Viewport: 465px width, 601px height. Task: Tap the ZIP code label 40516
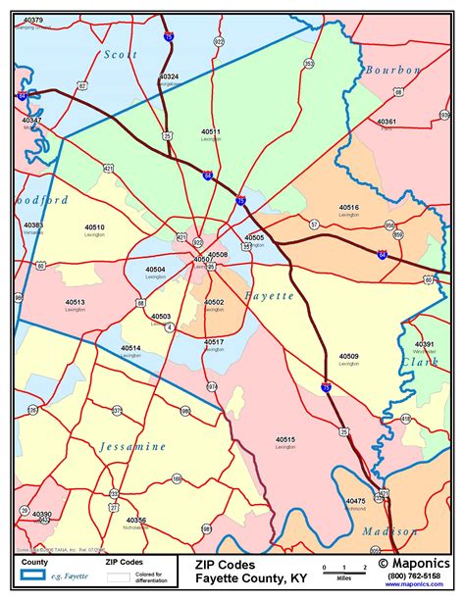tap(349, 207)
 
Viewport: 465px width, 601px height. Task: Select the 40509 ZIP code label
tap(348, 356)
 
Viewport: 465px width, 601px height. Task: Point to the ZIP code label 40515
tap(284, 439)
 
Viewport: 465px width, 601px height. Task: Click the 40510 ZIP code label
tap(94, 227)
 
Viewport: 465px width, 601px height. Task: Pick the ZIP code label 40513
tap(75, 302)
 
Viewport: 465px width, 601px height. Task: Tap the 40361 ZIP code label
tap(387, 122)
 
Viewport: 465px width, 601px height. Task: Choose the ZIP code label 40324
tap(169, 76)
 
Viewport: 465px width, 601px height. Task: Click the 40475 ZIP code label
tap(355, 501)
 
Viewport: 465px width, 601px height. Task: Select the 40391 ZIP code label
tap(424, 344)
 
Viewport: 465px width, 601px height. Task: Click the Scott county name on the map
tap(122, 56)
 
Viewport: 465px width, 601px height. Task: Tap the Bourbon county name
tap(392, 71)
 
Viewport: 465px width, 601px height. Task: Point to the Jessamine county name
tap(132, 446)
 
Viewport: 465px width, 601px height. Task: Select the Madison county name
tap(390, 530)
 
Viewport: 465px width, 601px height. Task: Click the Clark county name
tap(420, 362)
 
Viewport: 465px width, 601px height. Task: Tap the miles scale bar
tap(342, 569)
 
